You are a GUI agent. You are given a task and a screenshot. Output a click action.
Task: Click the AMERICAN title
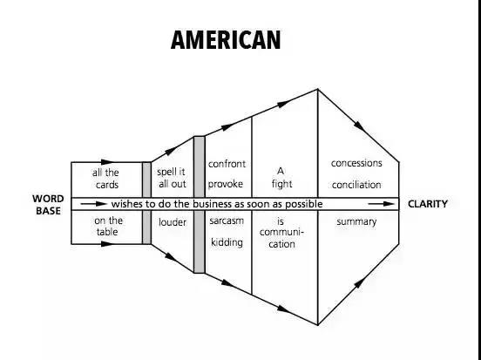pyautogui.click(x=226, y=40)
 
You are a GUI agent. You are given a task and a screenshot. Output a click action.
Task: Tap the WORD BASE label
pyautogui.click(x=48, y=205)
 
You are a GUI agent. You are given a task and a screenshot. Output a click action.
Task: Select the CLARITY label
pyautogui.click(x=428, y=204)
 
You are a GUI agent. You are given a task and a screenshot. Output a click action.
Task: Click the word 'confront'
pyautogui.click(x=227, y=164)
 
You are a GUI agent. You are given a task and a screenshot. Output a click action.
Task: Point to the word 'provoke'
pyautogui.click(x=226, y=184)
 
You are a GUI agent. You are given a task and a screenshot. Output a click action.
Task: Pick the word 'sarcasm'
pyautogui.click(x=227, y=221)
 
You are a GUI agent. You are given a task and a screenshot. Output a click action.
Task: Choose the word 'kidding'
pyautogui.click(x=227, y=242)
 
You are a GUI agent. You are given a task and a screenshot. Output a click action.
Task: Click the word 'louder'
pyautogui.click(x=173, y=222)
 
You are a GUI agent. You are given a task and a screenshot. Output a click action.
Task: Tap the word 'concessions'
pyautogui.click(x=356, y=163)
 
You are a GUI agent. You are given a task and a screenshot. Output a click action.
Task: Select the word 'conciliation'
pyautogui.click(x=356, y=185)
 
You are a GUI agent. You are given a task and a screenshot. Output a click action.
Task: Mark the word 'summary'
pyautogui.click(x=356, y=221)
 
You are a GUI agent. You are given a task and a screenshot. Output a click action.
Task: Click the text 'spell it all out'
pyautogui.click(x=172, y=178)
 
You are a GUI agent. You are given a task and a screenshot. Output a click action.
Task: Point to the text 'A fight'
pyautogui.click(x=281, y=178)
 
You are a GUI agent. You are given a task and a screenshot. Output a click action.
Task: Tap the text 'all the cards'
pyautogui.click(x=105, y=179)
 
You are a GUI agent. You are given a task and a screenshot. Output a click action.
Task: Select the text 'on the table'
pyautogui.click(x=108, y=226)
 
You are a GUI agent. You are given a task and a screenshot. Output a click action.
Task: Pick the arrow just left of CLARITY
pyautogui.click(x=382, y=204)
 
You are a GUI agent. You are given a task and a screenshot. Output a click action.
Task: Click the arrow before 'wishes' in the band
pyautogui.click(x=94, y=204)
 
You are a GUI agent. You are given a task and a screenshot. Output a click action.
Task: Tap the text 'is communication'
pyautogui.click(x=281, y=233)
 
